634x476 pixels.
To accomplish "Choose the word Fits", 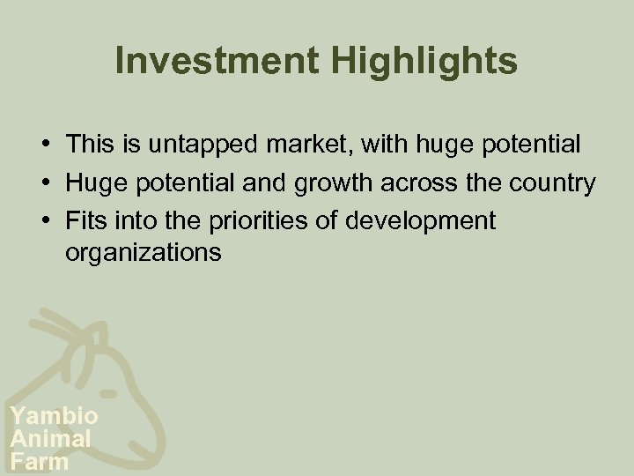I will pos(84,220).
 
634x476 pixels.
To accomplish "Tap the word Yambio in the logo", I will pos(53,416).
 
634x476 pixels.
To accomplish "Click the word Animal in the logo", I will pos(50,438).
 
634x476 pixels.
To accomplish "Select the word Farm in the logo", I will pos(40,460).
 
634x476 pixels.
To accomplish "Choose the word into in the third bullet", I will pos(126,220).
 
